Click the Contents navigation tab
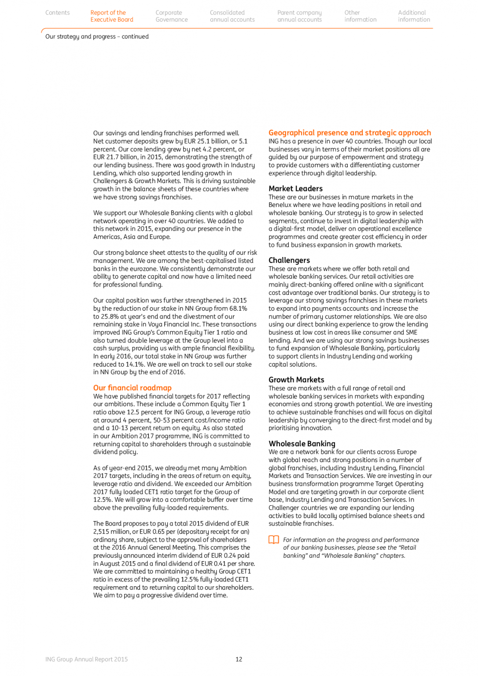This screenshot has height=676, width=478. (57, 13)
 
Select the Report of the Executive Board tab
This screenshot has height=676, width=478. (111, 16)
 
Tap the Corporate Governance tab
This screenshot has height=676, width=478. (171, 16)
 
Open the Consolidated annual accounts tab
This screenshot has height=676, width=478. (232, 16)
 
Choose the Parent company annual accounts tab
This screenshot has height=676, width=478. (299, 16)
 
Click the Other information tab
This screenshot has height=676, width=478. (360, 16)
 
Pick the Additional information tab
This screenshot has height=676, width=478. (414, 16)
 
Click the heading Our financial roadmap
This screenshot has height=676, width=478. (132, 388)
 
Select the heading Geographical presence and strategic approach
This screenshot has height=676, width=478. (349, 133)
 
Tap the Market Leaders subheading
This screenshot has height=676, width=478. (295, 189)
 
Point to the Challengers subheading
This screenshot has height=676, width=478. (289, 261)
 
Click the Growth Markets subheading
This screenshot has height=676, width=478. (296, 380)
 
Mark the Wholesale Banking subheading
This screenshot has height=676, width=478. (302, 444)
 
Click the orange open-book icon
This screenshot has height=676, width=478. (274, 540)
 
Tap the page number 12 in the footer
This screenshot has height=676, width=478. (239, 659)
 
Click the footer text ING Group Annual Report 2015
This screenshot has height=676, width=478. (86, 659)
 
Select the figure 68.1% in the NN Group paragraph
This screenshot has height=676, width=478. (238, 309)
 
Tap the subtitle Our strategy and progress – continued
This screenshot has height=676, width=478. (97, 37)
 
